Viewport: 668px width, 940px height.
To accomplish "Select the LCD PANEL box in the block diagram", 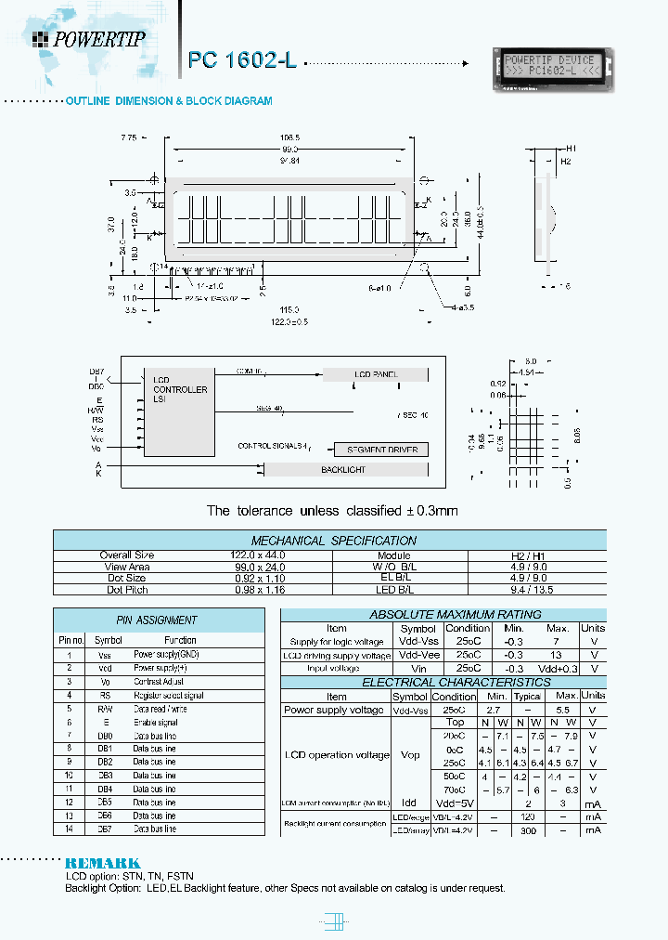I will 376,374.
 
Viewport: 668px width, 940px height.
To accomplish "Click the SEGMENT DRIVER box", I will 382,450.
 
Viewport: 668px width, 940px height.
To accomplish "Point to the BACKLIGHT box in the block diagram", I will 343,470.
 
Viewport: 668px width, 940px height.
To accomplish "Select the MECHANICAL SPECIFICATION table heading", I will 334,541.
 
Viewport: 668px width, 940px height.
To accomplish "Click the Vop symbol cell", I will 409,755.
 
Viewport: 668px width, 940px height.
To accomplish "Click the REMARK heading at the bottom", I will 103,863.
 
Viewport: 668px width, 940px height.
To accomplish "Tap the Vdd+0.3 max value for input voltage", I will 558,668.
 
